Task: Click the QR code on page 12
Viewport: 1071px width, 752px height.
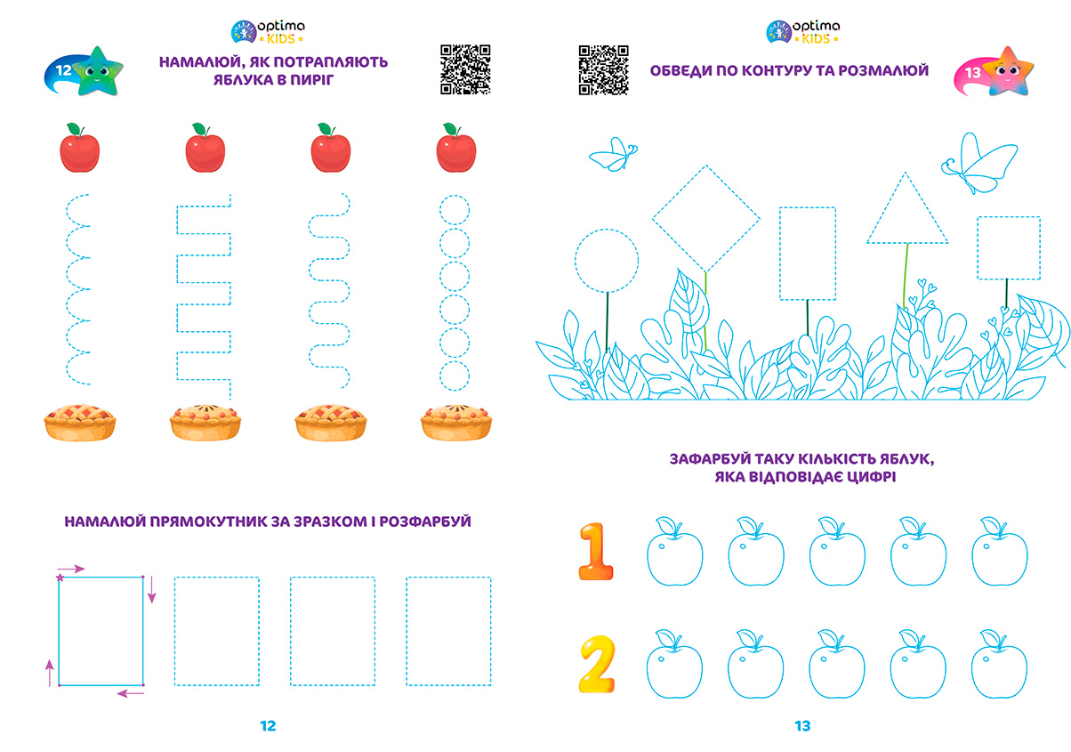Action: click(x=465, y=69)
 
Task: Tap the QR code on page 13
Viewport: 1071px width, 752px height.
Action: click(x=603, y=69)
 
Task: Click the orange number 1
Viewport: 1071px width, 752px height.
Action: click(x=596, y=552)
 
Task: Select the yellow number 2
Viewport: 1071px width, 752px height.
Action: click(x=597, y=665)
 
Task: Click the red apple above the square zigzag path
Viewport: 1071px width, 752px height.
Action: click(x=205, y=148)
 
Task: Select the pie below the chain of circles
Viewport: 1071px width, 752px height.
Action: click(x=456, y=423)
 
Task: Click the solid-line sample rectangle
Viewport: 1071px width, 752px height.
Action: click(x=60, y=632)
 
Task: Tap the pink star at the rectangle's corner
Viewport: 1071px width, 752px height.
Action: click(x=60, y=578)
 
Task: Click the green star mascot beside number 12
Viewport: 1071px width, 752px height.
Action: click(x=98, y=72)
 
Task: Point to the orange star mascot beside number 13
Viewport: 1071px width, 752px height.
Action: click(x=1009, y=72)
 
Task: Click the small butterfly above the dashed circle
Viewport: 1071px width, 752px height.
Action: click(x=614, y=155)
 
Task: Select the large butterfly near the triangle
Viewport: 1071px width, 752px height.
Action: click(x=979, y=164)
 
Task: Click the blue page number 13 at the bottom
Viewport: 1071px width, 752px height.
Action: click(x=802, y=726)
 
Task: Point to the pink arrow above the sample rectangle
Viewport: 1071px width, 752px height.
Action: click(x=71, y=569)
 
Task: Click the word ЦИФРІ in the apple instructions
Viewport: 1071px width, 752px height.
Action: click(x=871, y=477)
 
